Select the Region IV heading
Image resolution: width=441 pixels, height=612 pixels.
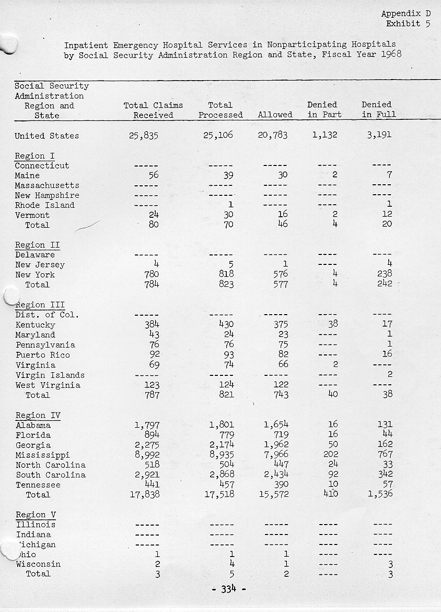(x=38, y=416)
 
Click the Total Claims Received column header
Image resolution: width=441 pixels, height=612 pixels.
(x=153, y=110)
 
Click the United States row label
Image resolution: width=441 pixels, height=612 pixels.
(x=47, y=136)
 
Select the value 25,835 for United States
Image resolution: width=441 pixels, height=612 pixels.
(x=143, y=136)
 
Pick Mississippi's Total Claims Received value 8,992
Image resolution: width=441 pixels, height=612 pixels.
(x=147, y=455)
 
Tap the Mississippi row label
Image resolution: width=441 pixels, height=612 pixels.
(x=42, y=455)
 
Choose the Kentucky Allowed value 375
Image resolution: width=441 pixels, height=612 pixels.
(x=281, y=325)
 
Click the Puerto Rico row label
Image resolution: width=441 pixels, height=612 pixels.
(x=42, y=355)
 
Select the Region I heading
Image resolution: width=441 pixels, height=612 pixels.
(x=34, y=156)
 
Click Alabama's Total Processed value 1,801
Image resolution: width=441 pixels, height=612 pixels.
(x=222, y=425)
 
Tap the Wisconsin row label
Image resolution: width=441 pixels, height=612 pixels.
(x=38, y=564)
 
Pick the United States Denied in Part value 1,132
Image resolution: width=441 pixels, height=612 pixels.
(x=324, y=135)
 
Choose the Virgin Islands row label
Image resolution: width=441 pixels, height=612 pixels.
(x=50, y=375)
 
